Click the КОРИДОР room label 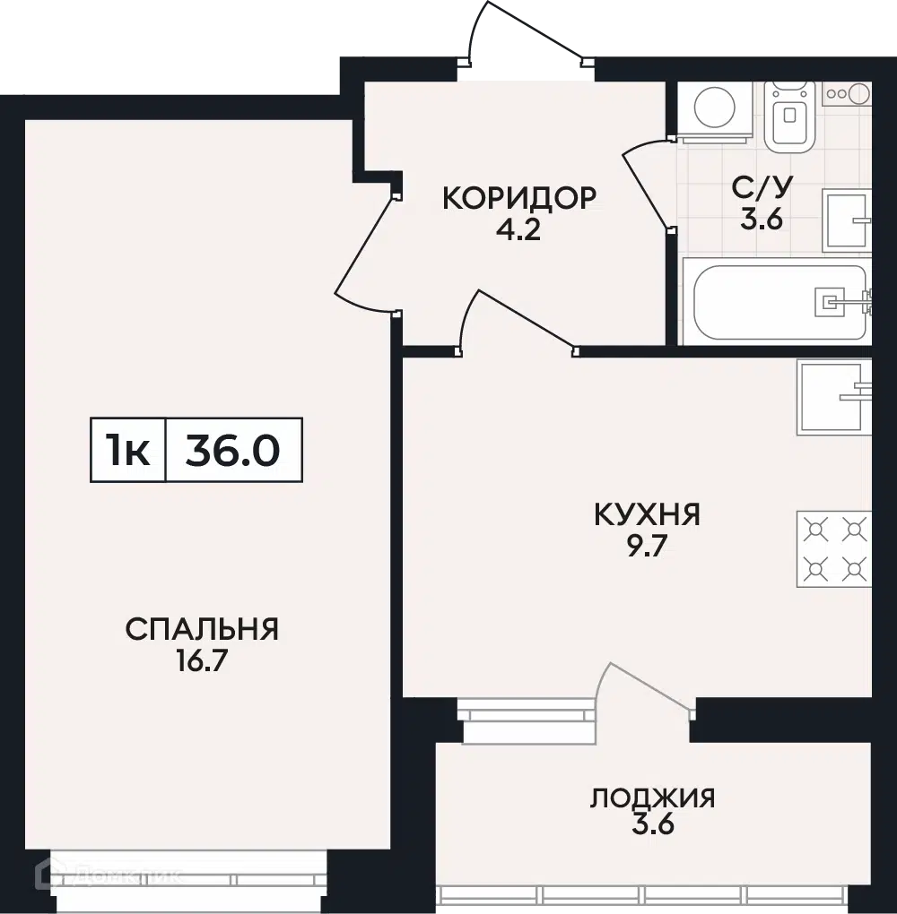pos(519,199)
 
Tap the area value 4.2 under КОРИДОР pos(518,229)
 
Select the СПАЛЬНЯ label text pos(202,630)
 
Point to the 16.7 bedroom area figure pos(202,661)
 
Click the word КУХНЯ pos(648,514)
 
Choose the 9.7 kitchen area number pos(648,547)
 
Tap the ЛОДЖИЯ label pos(652,798)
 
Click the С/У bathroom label pos(762,187)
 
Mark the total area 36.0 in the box pos(233,451)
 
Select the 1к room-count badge pos(127,451)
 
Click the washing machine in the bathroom pos(715,112)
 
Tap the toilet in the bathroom pos(789,116)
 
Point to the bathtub pos(779,302)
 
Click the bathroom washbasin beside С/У pos(847,220)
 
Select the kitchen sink pos(834,397)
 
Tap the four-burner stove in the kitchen pos(834,548)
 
